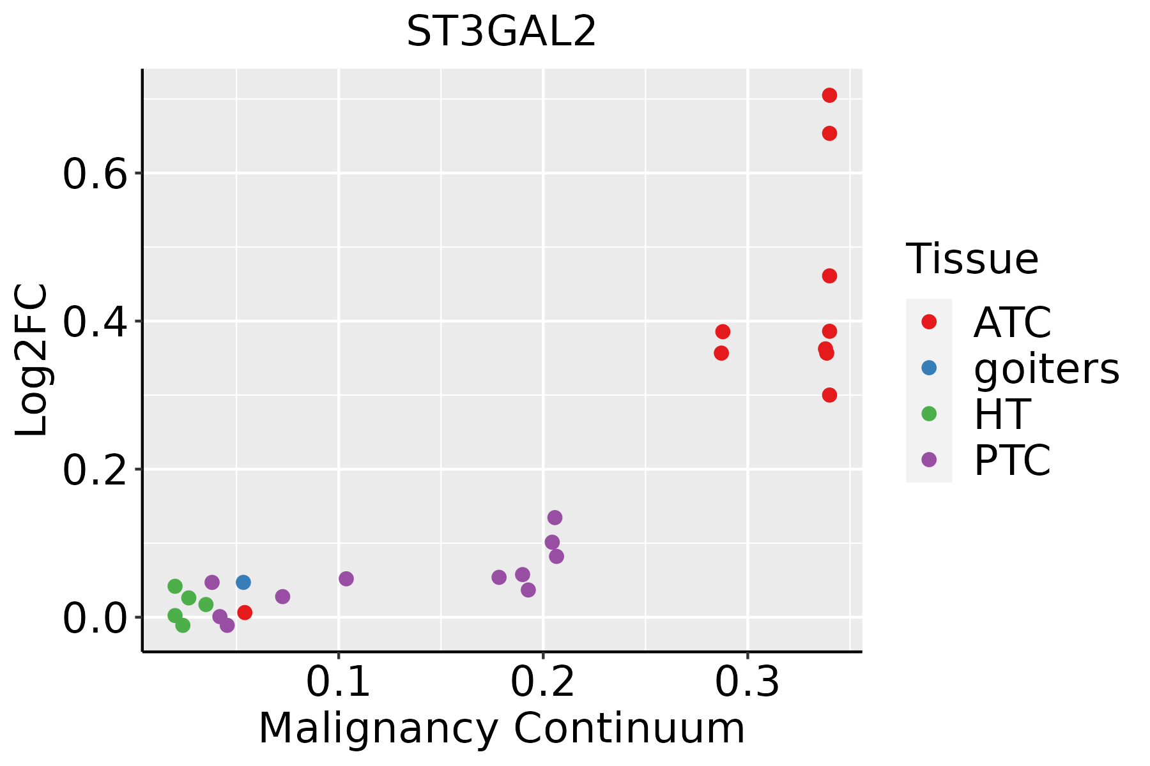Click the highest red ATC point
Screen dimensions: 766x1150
point(829,95)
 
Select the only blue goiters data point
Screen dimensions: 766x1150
point(243,582)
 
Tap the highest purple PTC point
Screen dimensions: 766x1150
point(555,517)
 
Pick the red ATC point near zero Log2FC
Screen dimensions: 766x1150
point(245,612)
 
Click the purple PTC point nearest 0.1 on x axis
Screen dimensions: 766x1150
point(346,579)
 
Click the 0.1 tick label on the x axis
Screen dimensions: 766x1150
point(339,682)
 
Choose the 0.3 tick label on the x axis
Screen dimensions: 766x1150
point(747,682)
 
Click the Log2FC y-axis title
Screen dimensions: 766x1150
point(32,361)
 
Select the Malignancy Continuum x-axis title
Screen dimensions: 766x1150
point(502,728)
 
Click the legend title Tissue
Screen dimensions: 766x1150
point(972,259)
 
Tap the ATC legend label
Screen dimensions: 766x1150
point(1012,322)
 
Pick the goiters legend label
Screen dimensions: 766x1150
point(1046,368)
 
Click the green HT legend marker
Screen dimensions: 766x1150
point(929,414)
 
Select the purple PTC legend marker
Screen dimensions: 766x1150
point(929,460)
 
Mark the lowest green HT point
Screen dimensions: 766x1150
point(183,625)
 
